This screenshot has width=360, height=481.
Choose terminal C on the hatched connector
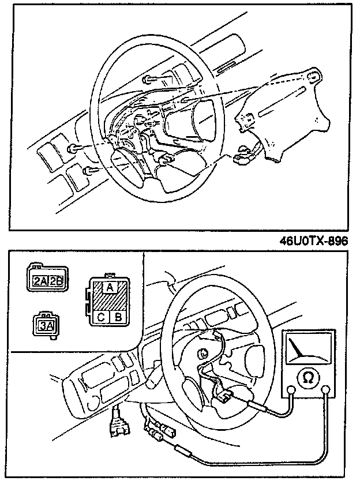pyautogui.click(x=102, y=316)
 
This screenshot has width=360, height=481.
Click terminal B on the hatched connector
pyautogui.click(x=118, y=316)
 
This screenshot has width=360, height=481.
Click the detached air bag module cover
pyautogui.click(x=282, y=118)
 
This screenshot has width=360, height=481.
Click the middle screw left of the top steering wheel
pyautogui.click(x=73, y=149)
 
